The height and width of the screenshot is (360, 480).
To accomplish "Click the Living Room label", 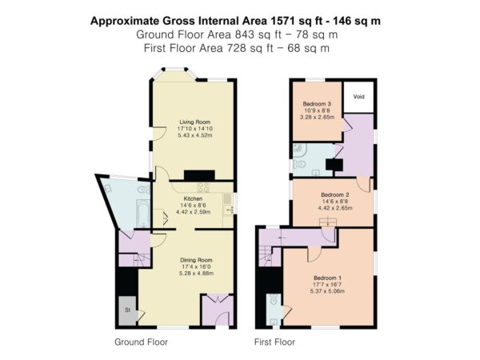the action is [x=195, y=122].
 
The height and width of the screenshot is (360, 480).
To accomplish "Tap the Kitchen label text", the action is [x=193, y=198].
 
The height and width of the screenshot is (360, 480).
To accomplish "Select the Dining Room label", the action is [x=196, y=260].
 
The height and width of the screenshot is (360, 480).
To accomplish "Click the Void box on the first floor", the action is [x=358, y=97].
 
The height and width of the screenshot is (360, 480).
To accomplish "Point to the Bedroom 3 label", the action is [x=317, y=104].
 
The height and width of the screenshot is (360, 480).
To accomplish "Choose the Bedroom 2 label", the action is [x=335, y=194].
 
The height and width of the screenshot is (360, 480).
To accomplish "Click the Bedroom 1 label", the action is [x=327, y=278].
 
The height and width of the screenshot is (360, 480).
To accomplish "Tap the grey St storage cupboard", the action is [x=128, y=310].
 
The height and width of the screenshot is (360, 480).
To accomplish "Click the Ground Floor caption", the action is [x=141, y=342].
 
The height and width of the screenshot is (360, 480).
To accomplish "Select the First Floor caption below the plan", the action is [x=274, y=342].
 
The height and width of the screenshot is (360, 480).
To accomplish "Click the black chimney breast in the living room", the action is [x=199, y=175].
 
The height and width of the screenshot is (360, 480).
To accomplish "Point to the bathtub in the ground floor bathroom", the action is [x=143, y=214].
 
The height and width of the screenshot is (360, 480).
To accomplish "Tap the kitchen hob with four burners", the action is [x=204, y=187].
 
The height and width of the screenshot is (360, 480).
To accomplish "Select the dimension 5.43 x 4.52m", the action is [x=195, y=135].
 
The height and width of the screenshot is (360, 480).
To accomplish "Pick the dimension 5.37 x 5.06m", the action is [x=327, y=291].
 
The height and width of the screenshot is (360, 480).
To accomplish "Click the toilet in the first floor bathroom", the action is [x=300, y=164].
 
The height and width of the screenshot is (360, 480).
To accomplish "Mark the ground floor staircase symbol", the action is [x=142, y=260].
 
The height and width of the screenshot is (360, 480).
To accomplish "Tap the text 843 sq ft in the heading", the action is [x=258, y=34].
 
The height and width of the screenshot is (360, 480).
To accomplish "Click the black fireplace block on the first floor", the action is [x=334, y=165].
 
